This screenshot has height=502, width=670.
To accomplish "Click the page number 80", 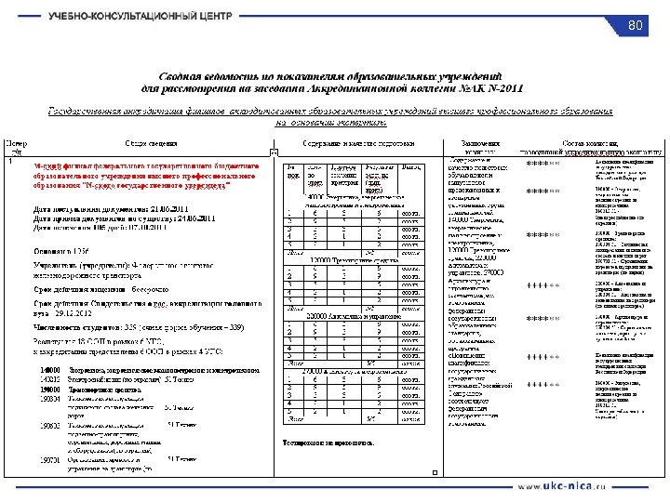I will [636, 24].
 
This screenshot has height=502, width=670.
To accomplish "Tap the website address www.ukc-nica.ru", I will [561, 486].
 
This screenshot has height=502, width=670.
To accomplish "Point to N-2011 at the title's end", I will [503, 88].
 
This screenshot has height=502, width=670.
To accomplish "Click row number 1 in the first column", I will [11, 162].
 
